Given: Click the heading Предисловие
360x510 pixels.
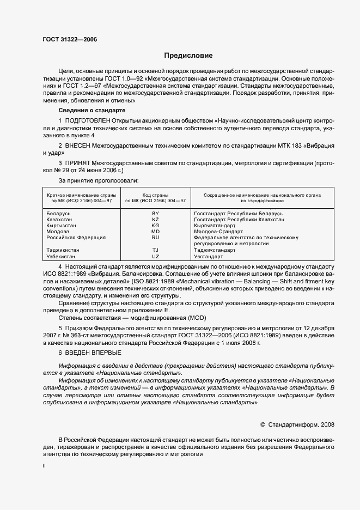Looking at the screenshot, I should [189, 56].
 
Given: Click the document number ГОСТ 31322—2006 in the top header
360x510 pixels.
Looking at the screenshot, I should [66, 39].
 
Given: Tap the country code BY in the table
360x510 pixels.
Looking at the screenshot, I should [155, 214].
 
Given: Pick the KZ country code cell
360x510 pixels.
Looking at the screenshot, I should [155, 220].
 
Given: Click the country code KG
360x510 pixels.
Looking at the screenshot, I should [155, 226].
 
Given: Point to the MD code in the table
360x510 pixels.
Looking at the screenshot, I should [155, 232].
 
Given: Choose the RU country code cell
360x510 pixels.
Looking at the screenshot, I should [155, 238].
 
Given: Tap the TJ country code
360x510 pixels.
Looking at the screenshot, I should [155, 250].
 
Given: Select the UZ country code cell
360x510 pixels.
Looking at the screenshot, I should [155, 256].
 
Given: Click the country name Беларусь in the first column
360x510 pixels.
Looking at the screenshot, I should [58, 214].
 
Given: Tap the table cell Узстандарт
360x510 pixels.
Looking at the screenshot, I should [209, 256].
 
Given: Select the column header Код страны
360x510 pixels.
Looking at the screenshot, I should [155, 195].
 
